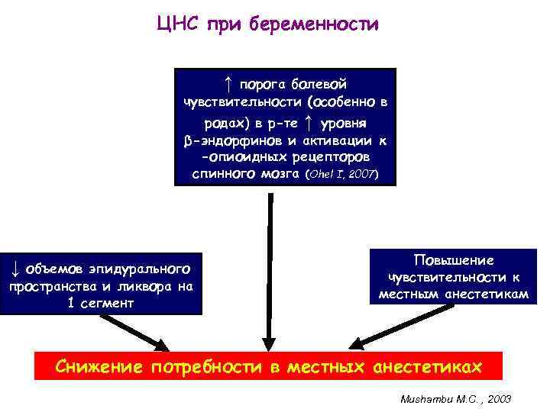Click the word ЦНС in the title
[176, 24]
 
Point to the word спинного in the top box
[222, 174]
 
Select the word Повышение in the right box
[453, 260]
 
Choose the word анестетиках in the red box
[427, 367]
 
